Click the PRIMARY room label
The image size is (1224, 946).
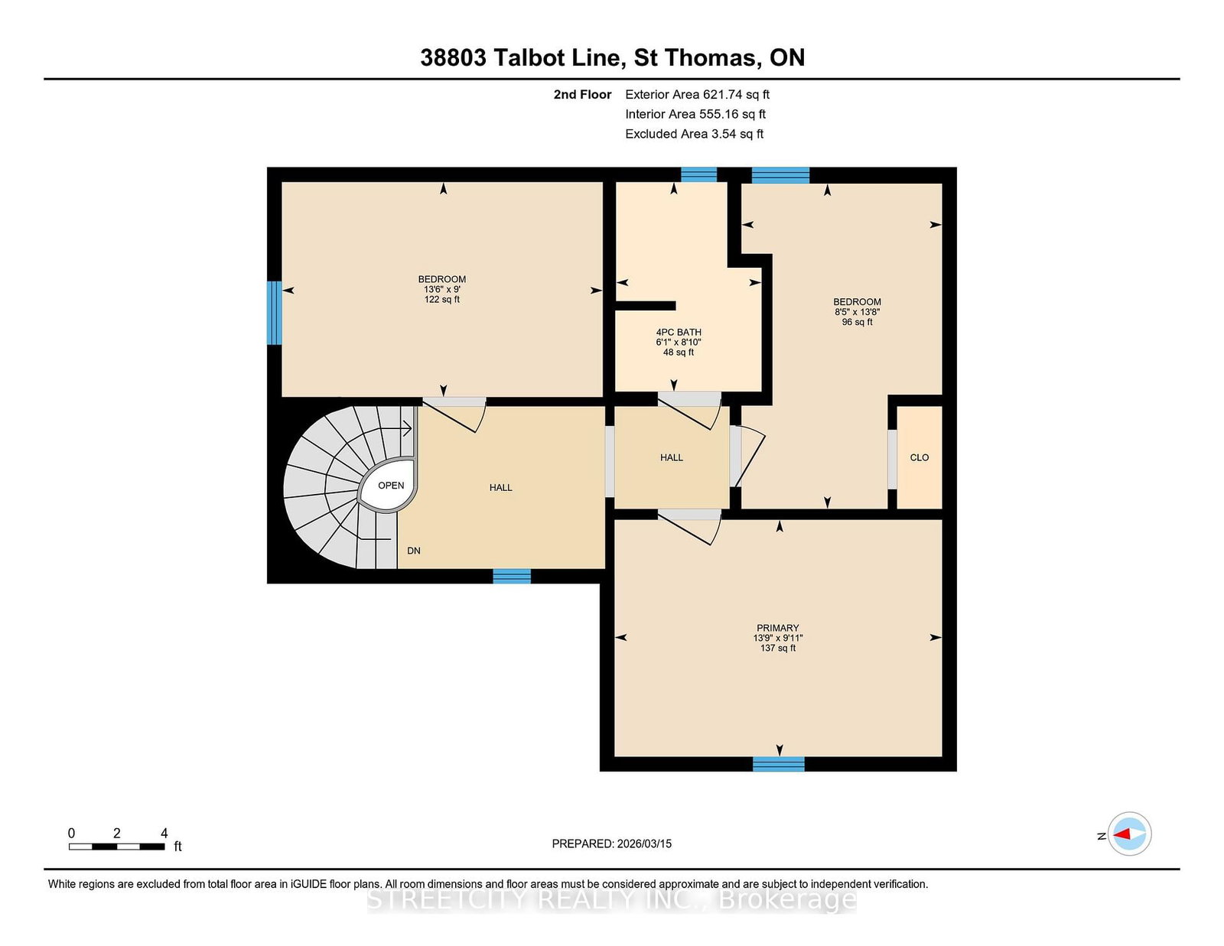click(777, 628)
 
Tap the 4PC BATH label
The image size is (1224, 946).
click(679, 332)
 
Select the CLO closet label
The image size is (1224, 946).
click(920, 458)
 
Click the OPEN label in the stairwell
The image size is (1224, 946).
click(391, 486)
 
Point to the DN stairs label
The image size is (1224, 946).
click(413, 551)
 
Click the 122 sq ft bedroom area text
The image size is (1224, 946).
click(441, 300)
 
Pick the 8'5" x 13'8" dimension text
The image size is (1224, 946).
click(857, 312)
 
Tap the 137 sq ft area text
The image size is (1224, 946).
click(777, 648)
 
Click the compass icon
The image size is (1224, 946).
click(1129, 834)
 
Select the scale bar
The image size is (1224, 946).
click(116, 847)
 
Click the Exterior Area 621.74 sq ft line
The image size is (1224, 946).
click(698, 95)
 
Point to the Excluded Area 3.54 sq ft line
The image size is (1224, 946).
click(695, 134)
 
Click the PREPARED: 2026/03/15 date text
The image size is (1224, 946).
click(612, 844)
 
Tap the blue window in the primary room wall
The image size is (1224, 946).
click(779, 764)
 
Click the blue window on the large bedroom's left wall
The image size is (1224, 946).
click(274, 313)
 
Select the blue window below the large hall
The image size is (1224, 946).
click(512, 576)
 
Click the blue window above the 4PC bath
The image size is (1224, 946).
click(698, 174)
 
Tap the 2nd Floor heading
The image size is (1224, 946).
click(582, 95)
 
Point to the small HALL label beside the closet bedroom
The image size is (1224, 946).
click(672, 458)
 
